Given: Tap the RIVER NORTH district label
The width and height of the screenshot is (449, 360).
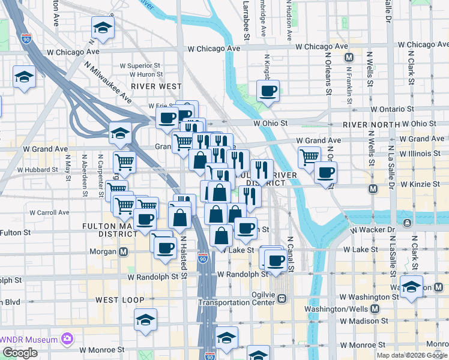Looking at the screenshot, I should pos(371,125).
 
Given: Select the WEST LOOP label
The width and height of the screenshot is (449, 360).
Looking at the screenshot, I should pos(119,299).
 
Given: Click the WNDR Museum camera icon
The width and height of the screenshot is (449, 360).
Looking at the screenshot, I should pos(67,340).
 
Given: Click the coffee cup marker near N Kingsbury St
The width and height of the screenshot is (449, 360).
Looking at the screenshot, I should pos(268,92).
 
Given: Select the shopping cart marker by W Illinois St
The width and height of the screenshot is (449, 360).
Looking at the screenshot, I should pos(309,157).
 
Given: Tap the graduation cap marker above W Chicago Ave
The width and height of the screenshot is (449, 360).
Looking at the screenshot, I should pos(103,28).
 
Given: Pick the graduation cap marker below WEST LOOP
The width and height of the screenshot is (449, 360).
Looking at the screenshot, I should pos(145,320).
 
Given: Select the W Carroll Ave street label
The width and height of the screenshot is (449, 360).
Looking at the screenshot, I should pos(47,212).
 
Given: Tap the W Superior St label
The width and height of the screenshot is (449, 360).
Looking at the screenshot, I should pos(140,65).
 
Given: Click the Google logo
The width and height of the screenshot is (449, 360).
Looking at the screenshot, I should pos(20,353).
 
